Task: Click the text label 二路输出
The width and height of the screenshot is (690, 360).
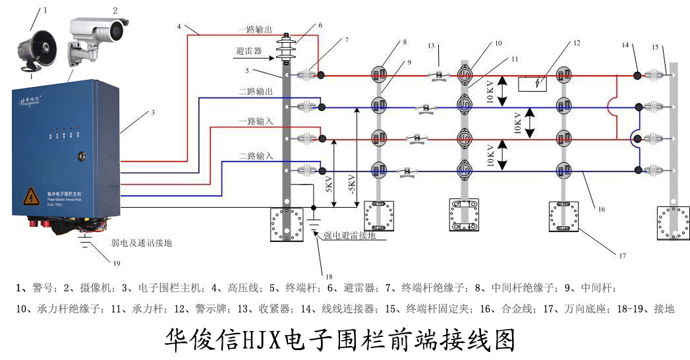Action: [255, 92]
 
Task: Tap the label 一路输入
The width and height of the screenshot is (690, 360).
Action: [255, 123]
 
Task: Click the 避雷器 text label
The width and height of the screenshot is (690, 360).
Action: [249, 50]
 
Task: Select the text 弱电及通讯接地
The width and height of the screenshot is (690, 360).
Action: [141, 243]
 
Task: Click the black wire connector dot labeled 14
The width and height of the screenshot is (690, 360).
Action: [637, 75]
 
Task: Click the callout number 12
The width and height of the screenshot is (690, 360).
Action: [577, 44]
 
